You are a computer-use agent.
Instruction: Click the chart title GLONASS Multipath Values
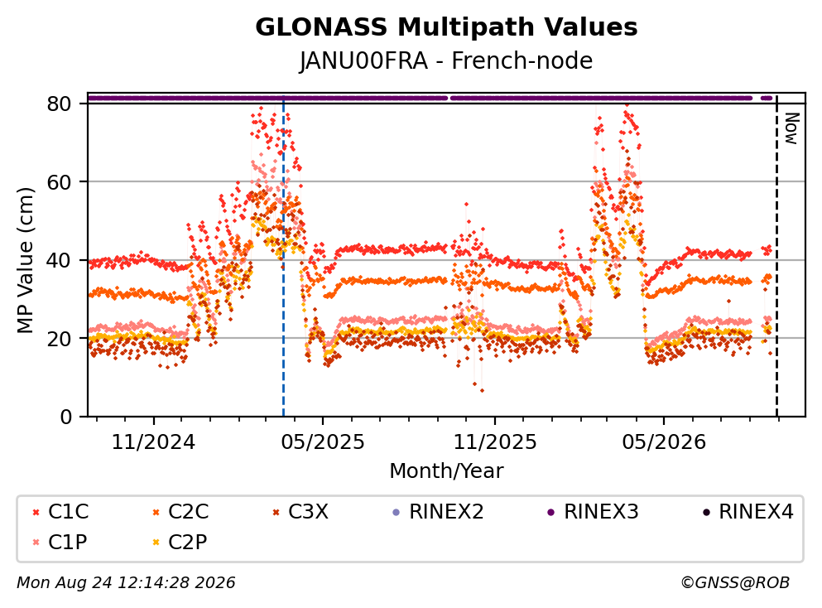point(446,27)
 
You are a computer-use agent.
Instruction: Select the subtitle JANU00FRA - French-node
point(446,60)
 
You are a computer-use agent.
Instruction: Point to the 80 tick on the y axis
point(59,104)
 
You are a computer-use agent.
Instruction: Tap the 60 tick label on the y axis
point(59,182)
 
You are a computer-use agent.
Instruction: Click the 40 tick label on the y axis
point(59,260)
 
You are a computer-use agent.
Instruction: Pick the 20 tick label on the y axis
point(59,338)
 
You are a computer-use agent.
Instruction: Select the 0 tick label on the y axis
point(66,417)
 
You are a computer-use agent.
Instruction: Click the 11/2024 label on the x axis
point(153,442)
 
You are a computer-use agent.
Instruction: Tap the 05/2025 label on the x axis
point(322,442)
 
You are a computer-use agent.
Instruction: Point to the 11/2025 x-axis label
point(495,442)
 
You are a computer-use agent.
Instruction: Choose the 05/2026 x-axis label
point(664,442)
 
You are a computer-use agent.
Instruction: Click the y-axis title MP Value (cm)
point(25,260)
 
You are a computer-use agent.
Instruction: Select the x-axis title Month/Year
point(446,471)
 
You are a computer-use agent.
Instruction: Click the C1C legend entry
point(60,511)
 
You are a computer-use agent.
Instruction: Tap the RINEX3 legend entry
point(593,511)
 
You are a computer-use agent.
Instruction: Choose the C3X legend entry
point(300,511)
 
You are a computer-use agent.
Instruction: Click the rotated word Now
point(791,128)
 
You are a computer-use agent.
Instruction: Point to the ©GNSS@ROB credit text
point(735,582)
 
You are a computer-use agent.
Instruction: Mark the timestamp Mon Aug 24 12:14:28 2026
point(126,582)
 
